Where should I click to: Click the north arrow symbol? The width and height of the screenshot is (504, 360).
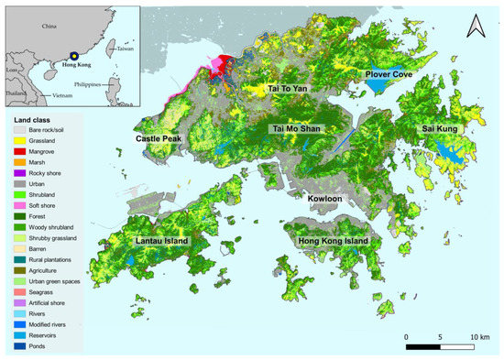474,27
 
